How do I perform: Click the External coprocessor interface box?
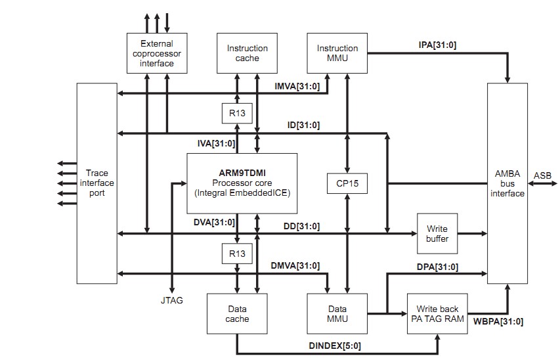click(156, 54)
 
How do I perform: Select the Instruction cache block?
click(247, 53)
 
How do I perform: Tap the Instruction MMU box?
click(337, 53)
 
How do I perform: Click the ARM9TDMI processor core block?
click(242, 183)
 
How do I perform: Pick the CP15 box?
click(347, 183)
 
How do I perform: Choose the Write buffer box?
click(437, 234)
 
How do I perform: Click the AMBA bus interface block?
click(507, 183)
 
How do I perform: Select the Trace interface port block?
click(97, 183)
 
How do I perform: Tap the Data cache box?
click(237, 313)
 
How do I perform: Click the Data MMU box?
click(337, 313)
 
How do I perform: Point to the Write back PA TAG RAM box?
click(437, 313)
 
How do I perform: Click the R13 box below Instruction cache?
click(238, 114)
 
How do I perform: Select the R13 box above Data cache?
click(238, 253)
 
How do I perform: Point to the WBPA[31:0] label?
click(498, 321)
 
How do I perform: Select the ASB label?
click(543, 175)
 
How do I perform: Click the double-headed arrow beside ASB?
click(541, 183)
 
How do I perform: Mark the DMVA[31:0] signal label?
click(295, 265)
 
